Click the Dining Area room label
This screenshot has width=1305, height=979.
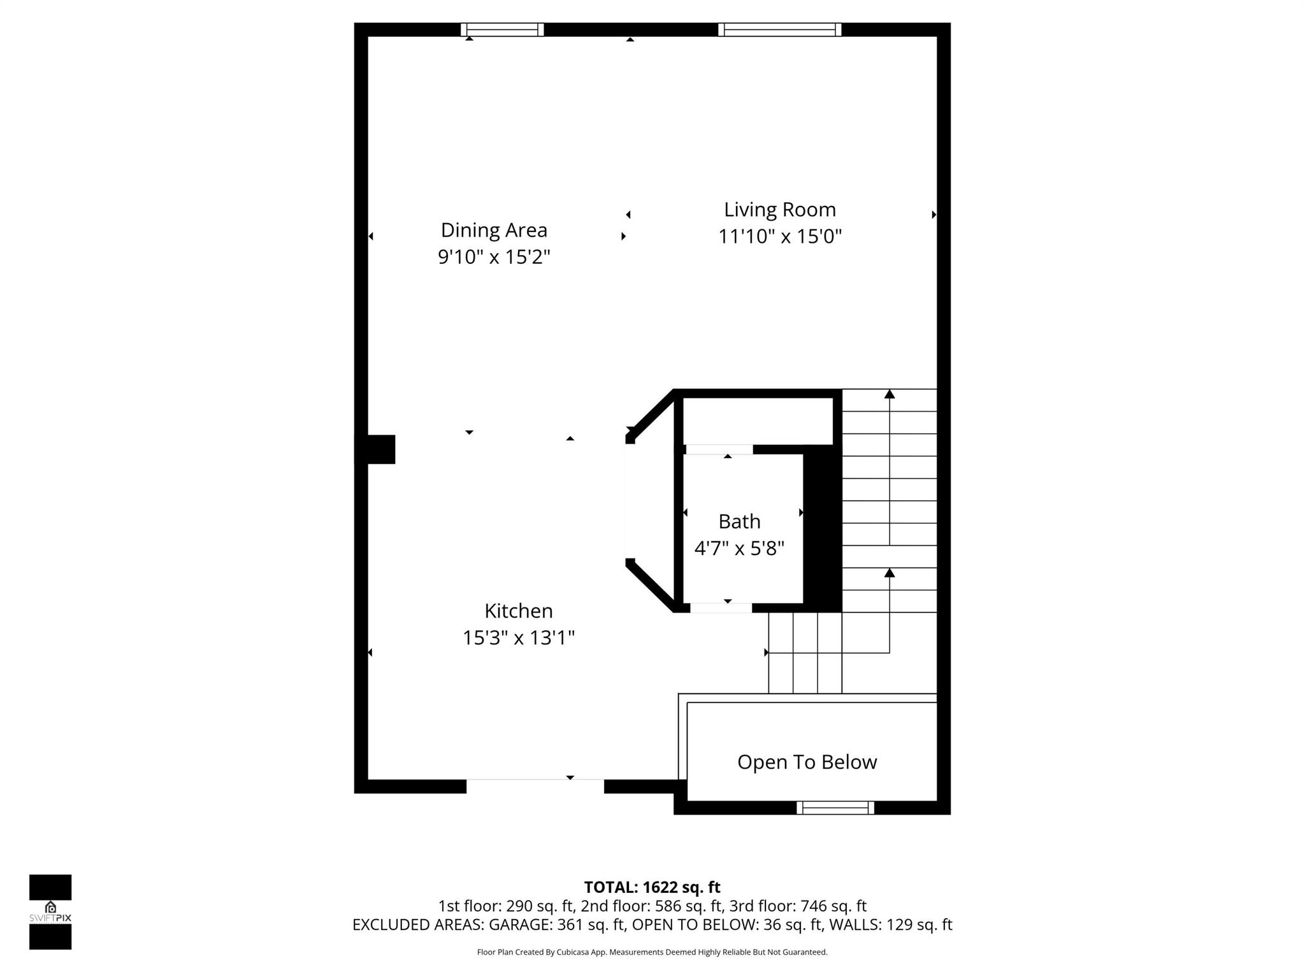point(494,230)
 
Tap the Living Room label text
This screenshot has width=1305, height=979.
point(779,210)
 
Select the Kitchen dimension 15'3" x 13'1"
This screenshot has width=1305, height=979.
point(519,638)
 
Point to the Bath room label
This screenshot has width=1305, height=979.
point(739,521)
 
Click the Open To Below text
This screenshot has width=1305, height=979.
point(807,762)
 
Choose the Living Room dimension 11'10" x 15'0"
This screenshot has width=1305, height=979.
point(779,237)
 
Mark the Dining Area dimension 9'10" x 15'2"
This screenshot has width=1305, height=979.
point(494,257)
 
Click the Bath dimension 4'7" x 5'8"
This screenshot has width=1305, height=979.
point(739,548)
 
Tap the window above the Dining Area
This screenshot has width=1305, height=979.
point(502,29)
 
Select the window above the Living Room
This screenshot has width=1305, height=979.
point(779,29)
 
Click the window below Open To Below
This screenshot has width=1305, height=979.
point(835,808)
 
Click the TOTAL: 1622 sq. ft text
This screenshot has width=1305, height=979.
point(652,887)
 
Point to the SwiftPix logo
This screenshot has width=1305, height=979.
point(50,912)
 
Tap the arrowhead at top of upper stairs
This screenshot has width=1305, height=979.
point(890,395)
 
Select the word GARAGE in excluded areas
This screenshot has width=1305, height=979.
point(521,925)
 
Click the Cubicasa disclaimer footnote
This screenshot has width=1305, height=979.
point(652,952)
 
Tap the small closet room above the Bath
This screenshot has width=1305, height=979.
point(758,421)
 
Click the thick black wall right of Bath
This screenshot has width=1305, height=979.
point(823,529)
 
